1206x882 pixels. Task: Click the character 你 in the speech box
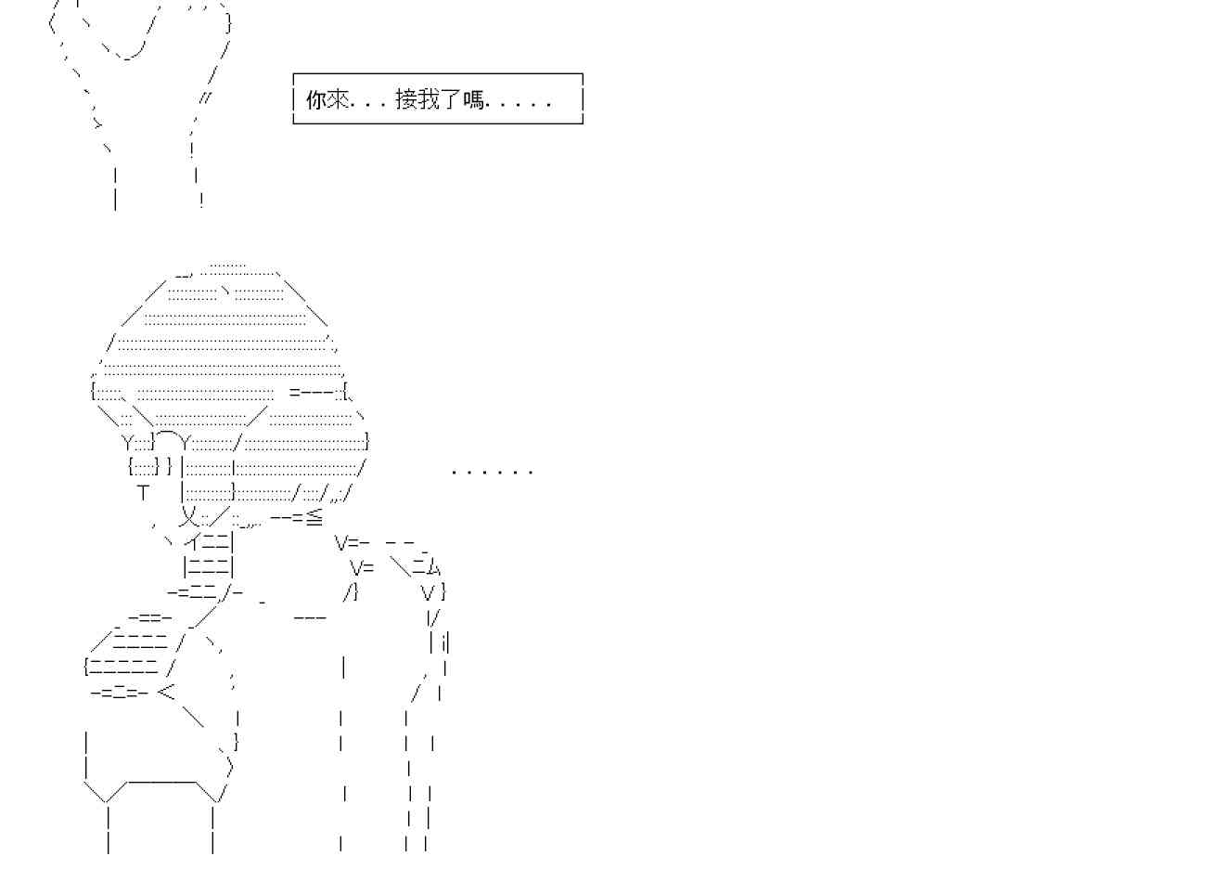[316, 99]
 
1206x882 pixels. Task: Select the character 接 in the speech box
[406, 99]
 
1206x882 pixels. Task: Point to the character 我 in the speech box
[429, 99]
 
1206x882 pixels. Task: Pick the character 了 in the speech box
[451, 99]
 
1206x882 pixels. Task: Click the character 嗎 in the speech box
[473, 99]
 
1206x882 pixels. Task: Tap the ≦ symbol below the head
[314, 516]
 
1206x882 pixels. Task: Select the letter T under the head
[143, 493]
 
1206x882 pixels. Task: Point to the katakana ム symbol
[433, 566]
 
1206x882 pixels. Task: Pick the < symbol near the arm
[166, 691]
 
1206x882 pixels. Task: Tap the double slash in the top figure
[204, 97]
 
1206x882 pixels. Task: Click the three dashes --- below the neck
[310, 617]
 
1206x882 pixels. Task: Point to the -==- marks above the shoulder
[149, 616]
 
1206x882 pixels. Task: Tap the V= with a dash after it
[353, 542]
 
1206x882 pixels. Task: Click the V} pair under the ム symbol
[433, 591]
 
